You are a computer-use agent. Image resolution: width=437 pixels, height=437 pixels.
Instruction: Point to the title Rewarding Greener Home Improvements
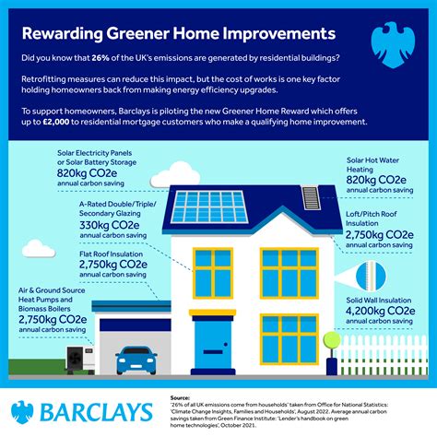[177, 33]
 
